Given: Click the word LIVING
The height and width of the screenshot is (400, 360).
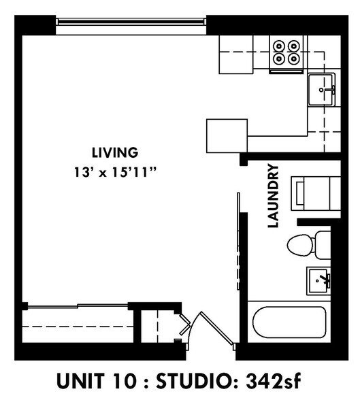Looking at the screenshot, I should pyautogui.click(x=114, y=152).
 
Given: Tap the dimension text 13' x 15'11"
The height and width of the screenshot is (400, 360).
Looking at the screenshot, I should pyautogui.click(x=115, y=173).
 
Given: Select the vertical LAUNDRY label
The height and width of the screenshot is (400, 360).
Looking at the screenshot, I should pyautogui.click(x=274, y=195).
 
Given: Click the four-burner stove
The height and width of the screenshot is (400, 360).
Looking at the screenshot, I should pyautogui.click(x=287, y=52).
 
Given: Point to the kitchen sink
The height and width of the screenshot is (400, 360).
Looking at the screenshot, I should pyautogui.click(x=323, y=90).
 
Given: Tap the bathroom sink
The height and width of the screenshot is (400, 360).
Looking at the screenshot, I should pyautogui.click(x=318, y=279).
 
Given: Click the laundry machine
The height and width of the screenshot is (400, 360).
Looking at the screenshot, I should pyautogui.click(x=315, y=193).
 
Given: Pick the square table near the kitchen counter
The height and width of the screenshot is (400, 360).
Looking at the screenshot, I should pyautogui.click(x=227, y=136).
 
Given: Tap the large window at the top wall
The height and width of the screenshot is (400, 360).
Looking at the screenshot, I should pyautogui.click(x=130, y=22).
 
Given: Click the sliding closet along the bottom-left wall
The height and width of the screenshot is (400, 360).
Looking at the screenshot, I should pyautogui.click(x=75, y=324).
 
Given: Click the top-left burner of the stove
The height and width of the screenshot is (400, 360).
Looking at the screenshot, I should pyautogui.click(x=279, y=46).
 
